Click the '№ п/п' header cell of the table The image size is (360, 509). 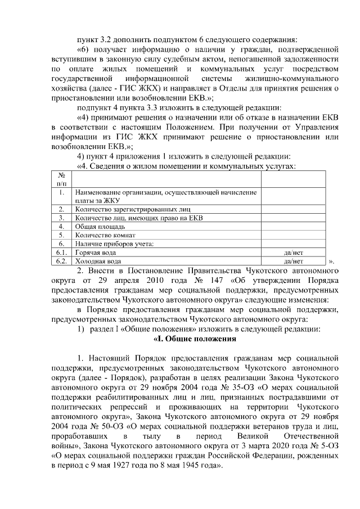(61, 179)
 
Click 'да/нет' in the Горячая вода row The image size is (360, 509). (294, 253)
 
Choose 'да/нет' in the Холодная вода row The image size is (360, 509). (294, 261)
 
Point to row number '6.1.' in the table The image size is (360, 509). (61, 253)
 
